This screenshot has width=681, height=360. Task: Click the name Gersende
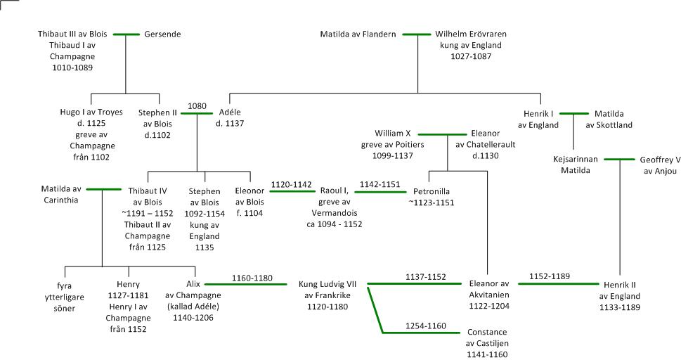click(162, 34)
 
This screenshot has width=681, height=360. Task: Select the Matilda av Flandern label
click(358, 34)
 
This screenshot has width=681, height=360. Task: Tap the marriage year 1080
click(197, 106)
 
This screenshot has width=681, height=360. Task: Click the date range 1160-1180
click(252, 277)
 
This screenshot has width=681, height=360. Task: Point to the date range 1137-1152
click(426, 277)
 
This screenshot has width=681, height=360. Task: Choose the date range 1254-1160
click(426, 326)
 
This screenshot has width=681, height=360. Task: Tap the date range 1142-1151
click(380, 185)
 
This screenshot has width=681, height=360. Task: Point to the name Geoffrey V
click(660, 160)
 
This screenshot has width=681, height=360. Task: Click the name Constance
click(487, 332)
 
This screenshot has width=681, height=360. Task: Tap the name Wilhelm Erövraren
click(470, 34)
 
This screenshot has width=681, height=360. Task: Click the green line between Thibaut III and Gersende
click(127, 34)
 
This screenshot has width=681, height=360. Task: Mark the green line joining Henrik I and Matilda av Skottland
click(574, 112)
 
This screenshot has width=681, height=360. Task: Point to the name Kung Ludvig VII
click(329, 284)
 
